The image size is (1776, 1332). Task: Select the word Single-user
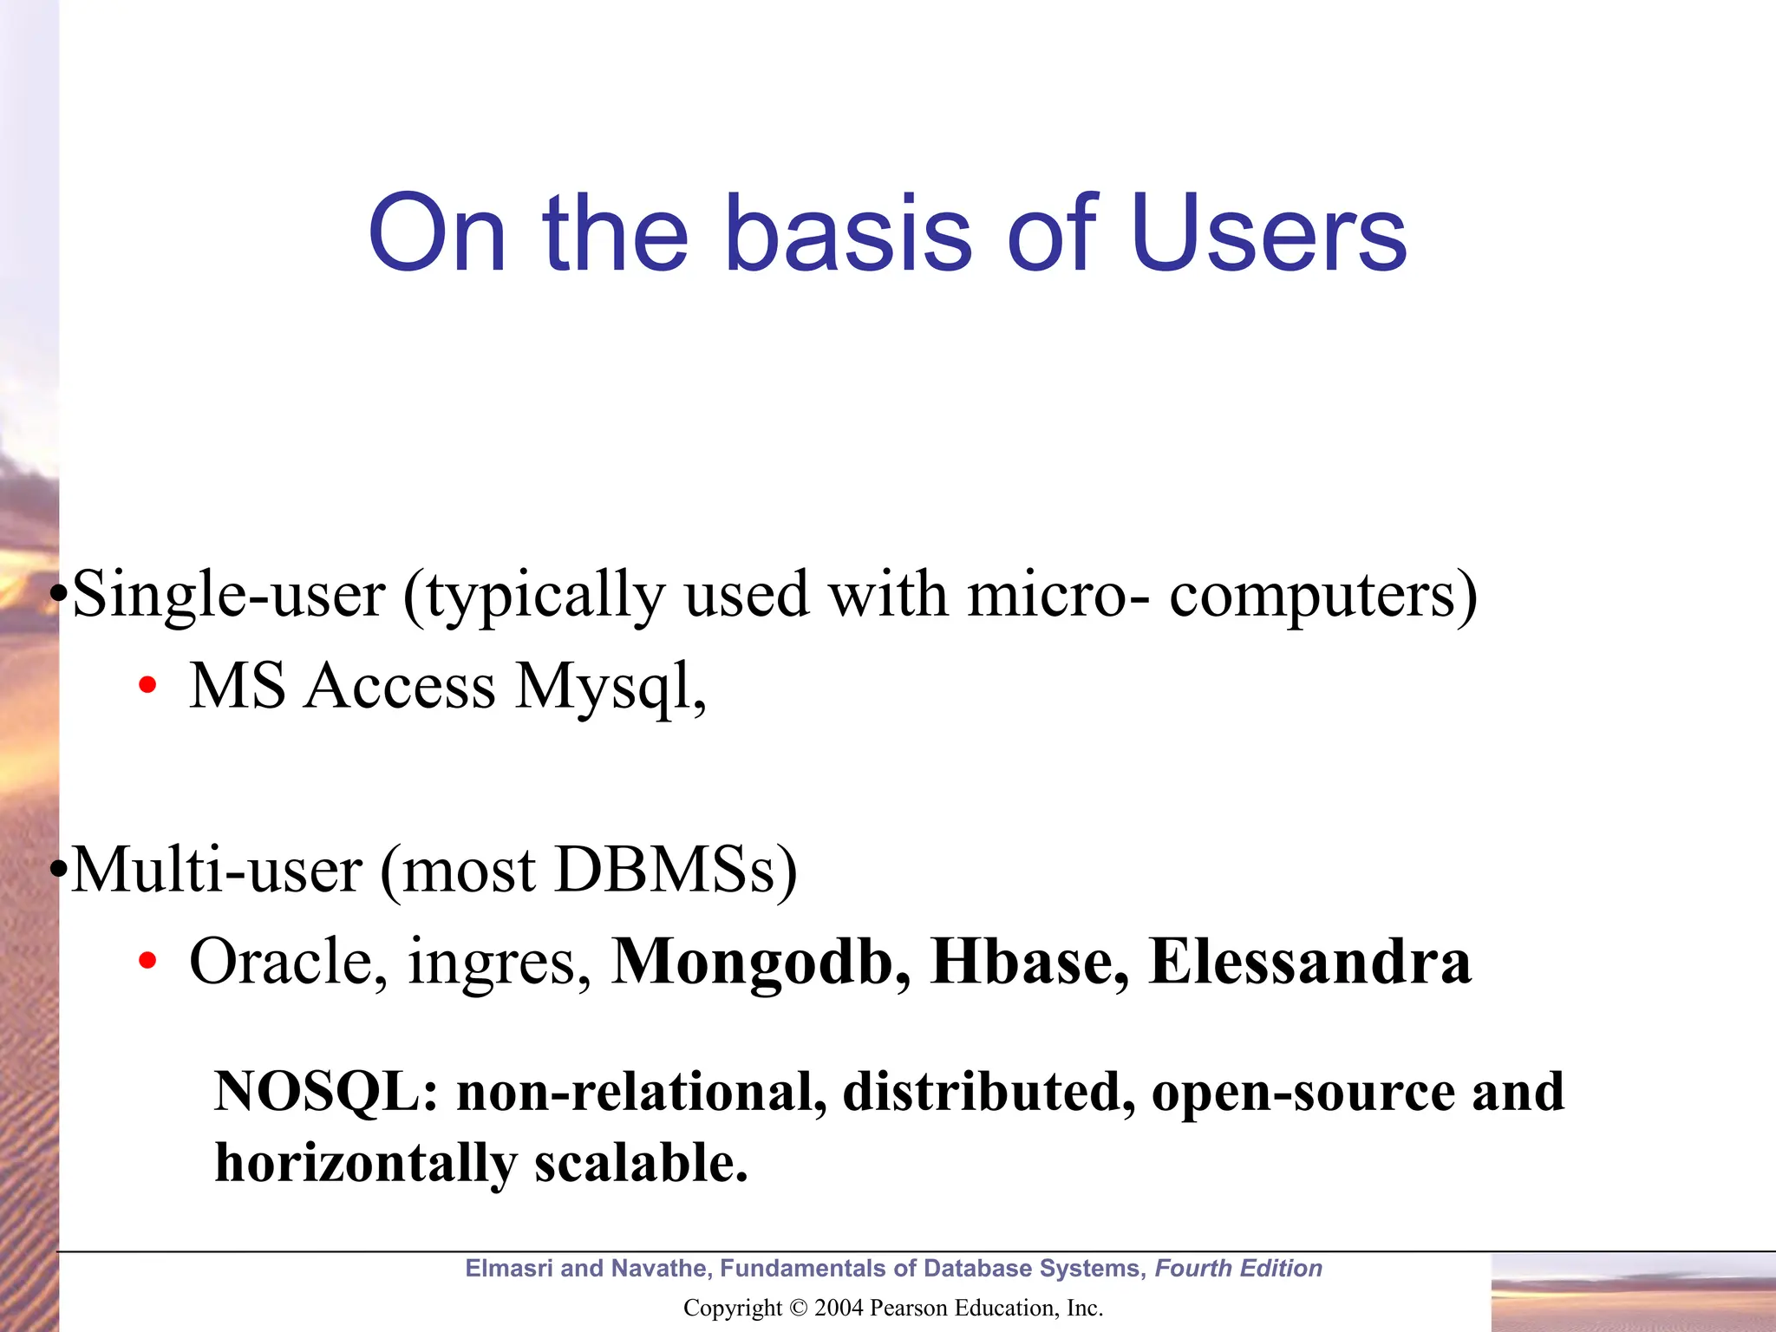[x=229, y=595]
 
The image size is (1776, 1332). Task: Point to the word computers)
[x=1323, y=597]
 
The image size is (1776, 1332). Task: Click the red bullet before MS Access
[x=147, y=686]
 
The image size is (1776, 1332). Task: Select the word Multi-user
[x=217, y=870]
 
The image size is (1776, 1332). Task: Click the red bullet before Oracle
[x=147, y=961]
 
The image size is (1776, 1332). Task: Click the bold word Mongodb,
[x=761, y=961]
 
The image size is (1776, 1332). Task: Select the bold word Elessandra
[x=1309, y=961]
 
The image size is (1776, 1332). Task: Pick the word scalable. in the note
[x=641, y=1162]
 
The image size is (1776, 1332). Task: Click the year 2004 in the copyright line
[x=839, y=1308]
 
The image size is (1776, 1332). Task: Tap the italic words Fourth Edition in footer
[x=1238, y=1269]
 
